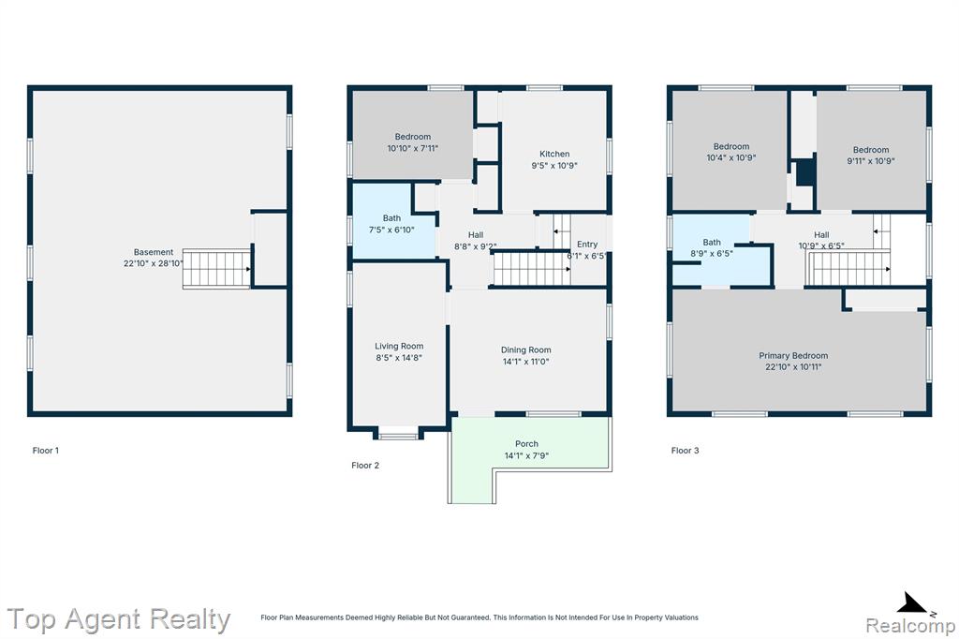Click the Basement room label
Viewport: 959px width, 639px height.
pyautogui.click(x=154, y=252)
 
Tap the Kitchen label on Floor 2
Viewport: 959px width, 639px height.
pyautogui.click(x=554, y=155)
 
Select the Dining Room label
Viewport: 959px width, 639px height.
pyautogui.click(x=526, y=350)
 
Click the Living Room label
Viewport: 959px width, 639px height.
pyautogui.click(x=399, y=347)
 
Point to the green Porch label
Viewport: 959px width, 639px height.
pyautogui.click(x=526, y=444)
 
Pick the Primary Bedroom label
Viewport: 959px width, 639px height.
pyautogui.click(x=793, y=356)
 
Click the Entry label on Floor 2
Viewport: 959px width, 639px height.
pyautogui.click(x=587, y=245)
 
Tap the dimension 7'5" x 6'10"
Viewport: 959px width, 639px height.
pyautogui.click(x=391, y=230)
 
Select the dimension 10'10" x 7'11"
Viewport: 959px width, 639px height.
pyautogui.click(x=413, y=148)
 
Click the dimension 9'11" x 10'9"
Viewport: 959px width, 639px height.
pyautogui.click(x=871, y=161)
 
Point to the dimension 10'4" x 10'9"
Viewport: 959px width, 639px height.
pyautogui.click(x=731, y=158)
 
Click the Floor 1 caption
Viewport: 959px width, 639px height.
pyautogui.click(x=46, y=451)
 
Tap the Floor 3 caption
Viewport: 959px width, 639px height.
pyautogui.click(x=685, y=451)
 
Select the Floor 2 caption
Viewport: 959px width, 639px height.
pyautogui.click(x=365, y=465)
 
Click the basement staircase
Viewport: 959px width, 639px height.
pyautogui.click(x=216, y=269)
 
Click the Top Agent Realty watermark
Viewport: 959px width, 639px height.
pyautogui.click(x=119, y=619)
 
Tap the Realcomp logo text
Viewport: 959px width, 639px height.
pyautogui.click(x=910, y=626)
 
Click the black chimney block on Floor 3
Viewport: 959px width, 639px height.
pyautogui.click(x=806, y=172)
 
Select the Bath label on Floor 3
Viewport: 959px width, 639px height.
pyautogui.click(x=712, y=243)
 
